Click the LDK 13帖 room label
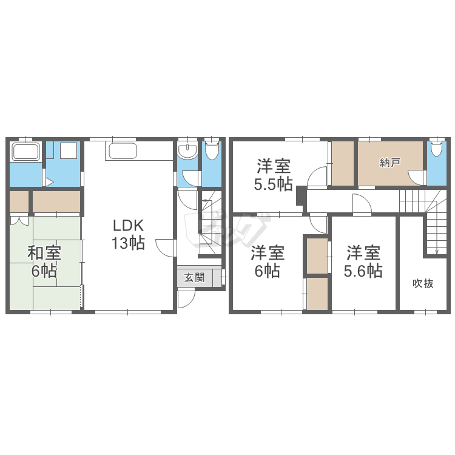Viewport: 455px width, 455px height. point(128,234)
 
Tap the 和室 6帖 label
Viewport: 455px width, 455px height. point(44,261)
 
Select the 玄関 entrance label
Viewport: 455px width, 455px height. point(194,278)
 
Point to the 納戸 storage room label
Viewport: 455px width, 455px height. point(390,163)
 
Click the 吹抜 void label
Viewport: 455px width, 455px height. point(423,283)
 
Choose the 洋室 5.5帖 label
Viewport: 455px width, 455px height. point(273,175)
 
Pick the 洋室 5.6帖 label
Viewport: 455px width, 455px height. point(363,261)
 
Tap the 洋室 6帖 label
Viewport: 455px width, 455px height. point(268,261)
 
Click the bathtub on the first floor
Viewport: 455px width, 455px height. point(25,152)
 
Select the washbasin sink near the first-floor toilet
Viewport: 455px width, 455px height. point(187,151)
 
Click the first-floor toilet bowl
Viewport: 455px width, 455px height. point(212,150)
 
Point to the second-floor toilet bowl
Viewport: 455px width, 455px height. point(436,148)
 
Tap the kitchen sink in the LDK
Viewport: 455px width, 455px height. point(123,151)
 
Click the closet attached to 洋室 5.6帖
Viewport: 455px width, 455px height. point(317,255)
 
